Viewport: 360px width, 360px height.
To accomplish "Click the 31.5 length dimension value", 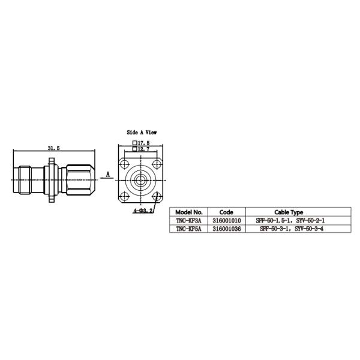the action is coord(54,148).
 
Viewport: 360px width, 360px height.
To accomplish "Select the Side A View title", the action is coord(142,132).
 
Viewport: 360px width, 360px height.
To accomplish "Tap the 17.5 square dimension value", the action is coord(141,143).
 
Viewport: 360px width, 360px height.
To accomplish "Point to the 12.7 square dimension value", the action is coord(141,149).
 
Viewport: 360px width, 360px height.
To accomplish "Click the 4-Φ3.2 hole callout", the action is coord(143,211).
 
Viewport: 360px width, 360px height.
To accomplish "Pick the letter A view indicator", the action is coord(108,175).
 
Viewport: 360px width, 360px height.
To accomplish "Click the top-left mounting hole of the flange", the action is coord(125,164).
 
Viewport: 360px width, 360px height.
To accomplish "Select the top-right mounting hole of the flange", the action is coord(157,164).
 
